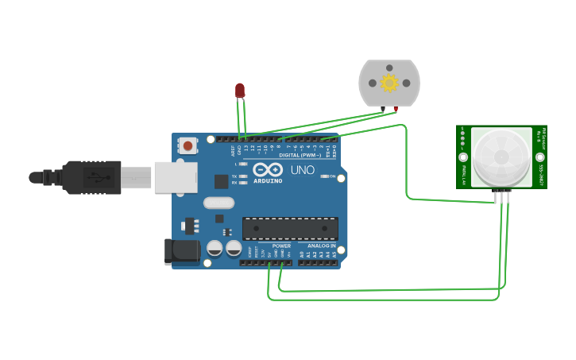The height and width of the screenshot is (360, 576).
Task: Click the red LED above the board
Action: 240,91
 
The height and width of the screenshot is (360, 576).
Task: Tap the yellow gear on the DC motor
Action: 389,83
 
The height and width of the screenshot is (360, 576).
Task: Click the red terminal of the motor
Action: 396,109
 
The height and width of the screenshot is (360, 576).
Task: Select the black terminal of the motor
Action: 383,109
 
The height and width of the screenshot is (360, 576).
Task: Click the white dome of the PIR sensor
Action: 501,157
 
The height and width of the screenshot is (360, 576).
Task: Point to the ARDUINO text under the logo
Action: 268,181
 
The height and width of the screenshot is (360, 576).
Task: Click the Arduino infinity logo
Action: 268,169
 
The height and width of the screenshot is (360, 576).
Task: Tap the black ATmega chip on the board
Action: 290,228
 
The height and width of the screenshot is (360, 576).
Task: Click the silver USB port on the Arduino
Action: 176,177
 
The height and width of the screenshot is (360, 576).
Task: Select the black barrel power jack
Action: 182,252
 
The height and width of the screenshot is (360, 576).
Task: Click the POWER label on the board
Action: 281,246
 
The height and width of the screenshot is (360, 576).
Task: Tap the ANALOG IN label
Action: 322,246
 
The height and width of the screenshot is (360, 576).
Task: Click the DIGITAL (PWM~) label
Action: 300,155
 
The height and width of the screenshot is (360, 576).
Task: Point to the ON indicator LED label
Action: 332,176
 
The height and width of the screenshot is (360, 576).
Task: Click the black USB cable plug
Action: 92,177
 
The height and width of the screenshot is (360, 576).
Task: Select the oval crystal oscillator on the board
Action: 218,203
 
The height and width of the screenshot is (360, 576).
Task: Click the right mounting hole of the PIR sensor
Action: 540,157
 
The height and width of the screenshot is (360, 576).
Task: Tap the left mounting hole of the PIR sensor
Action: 463,157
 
